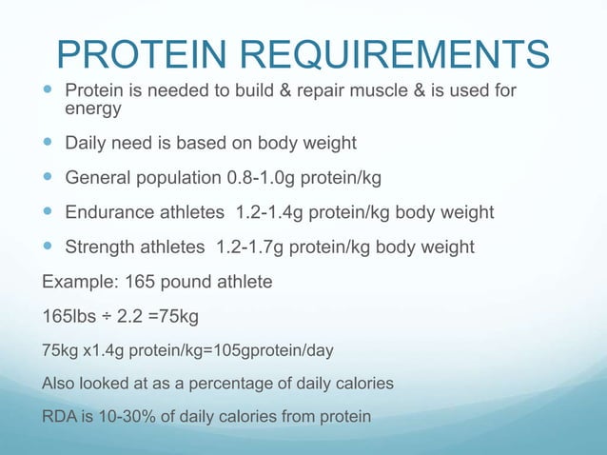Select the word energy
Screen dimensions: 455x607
coord(92,110)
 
